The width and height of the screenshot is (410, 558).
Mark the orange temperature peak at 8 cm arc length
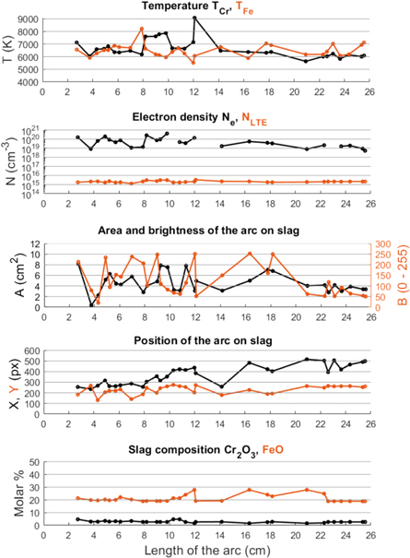pos(142,29)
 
